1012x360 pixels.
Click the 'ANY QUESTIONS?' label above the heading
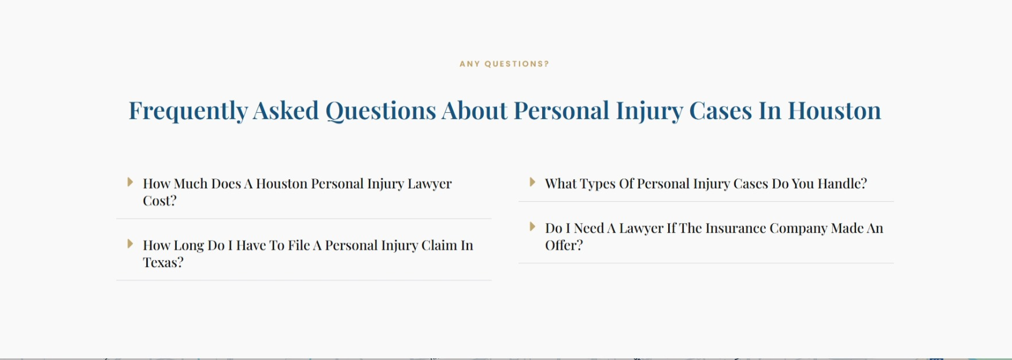(x=504, y=64)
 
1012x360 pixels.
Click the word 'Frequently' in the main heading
(x=188, y=111)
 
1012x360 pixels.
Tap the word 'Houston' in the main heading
(x=835, y=110)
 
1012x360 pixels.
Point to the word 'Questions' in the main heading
(x=380, y=111)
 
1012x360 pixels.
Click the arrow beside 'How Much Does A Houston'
(x=130, y=182)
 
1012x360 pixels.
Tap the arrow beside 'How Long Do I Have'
(x=130, y=244)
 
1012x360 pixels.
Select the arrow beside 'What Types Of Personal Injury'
(x=532, y=182)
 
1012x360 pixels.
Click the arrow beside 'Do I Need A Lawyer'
(x=532, y=227)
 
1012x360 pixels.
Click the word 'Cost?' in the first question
(x=160, y=201)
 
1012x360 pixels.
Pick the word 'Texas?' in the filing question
(x=163, y=262)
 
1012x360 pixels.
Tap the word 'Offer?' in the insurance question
(x=564, y=245)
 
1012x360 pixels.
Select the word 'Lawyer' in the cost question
(x=429, y=184)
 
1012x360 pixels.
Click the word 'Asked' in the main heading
(x=286, y=110)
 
